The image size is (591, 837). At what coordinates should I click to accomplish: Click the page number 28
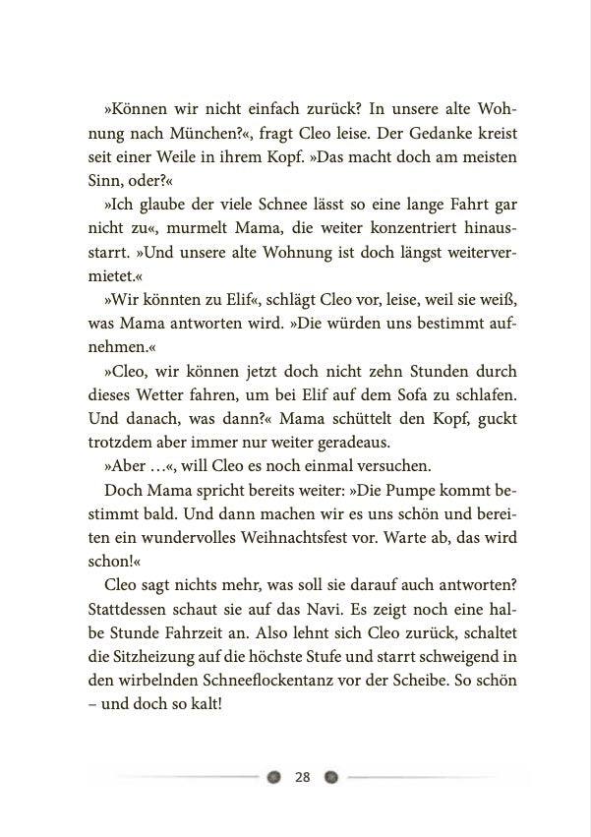coord(303,777)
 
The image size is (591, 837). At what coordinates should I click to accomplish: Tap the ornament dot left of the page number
coord(273,777)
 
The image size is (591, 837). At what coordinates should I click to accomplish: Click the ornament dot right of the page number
coord(331,777)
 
